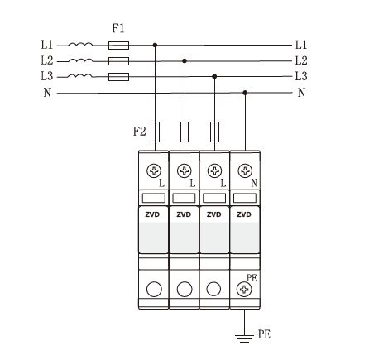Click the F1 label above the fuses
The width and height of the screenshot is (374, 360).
118,28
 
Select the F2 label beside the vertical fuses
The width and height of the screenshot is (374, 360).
139,132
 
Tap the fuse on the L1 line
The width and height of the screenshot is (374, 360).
118,46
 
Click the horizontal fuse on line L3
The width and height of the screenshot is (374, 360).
118,77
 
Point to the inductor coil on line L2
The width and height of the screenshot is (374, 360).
80,60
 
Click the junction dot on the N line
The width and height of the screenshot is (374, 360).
245,93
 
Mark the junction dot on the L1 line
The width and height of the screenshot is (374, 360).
155,45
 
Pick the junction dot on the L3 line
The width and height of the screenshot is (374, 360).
214,76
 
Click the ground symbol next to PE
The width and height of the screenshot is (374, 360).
244,338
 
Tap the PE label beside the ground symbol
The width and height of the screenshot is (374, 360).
264,334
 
